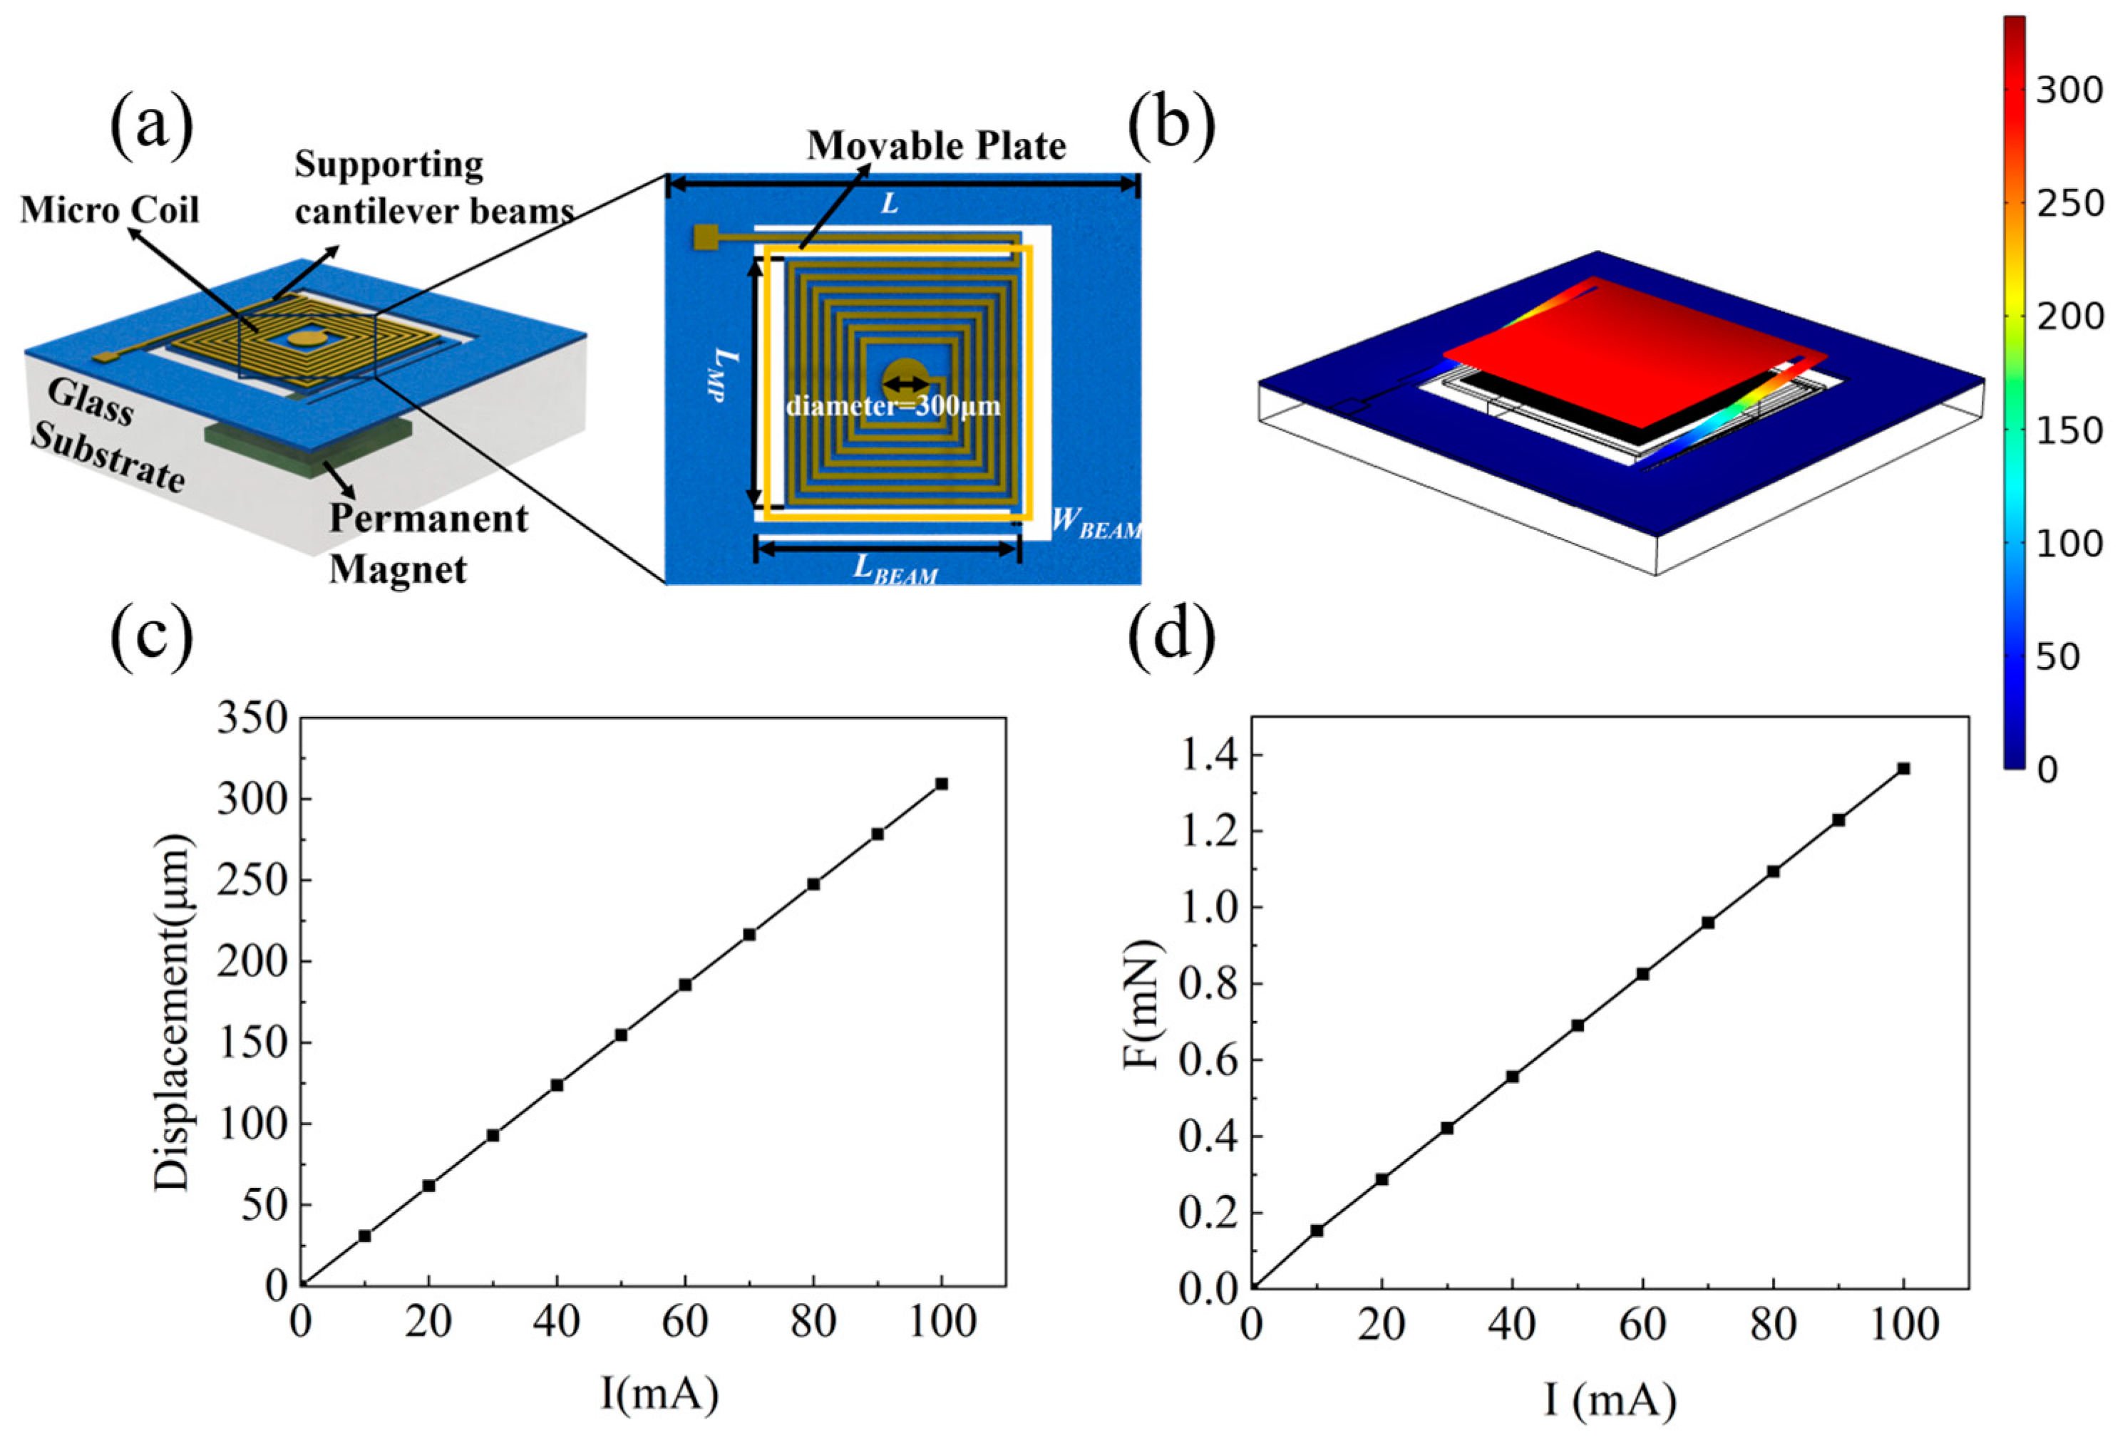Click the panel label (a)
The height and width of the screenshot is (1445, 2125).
[151, 127]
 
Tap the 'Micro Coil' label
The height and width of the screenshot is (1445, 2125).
[110, 210]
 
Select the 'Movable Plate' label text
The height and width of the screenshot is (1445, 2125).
[935, 146]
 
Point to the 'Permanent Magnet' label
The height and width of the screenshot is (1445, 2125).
[428, 544]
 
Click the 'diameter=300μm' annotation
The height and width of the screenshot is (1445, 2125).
[892, 405]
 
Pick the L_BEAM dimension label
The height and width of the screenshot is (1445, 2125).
[895, 569]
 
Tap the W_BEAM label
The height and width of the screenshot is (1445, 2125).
[1096, 523]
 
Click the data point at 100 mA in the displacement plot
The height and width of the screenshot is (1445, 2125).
[941, 783]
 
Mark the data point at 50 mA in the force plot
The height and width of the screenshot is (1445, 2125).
[1578, 1025]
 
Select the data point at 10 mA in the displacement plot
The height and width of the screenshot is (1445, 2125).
[365, 1236]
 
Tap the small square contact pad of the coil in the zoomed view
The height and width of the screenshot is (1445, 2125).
[706, 238]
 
